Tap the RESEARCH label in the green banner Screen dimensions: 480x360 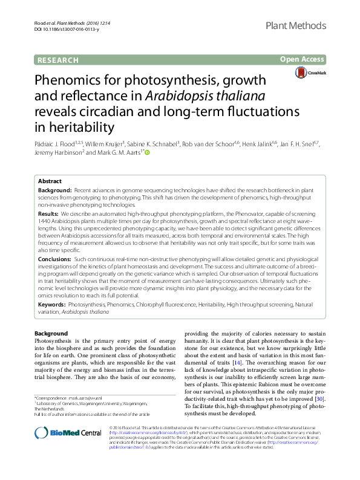click(x=58, y=60)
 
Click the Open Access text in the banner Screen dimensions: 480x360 click(x=302, y=59)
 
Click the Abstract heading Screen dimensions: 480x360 click(x=50, y=181)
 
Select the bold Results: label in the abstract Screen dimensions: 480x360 click(x=48, y=214)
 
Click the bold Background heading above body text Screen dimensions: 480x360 click(x=51, y=334)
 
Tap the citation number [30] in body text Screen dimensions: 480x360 click(x=319, y=398)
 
